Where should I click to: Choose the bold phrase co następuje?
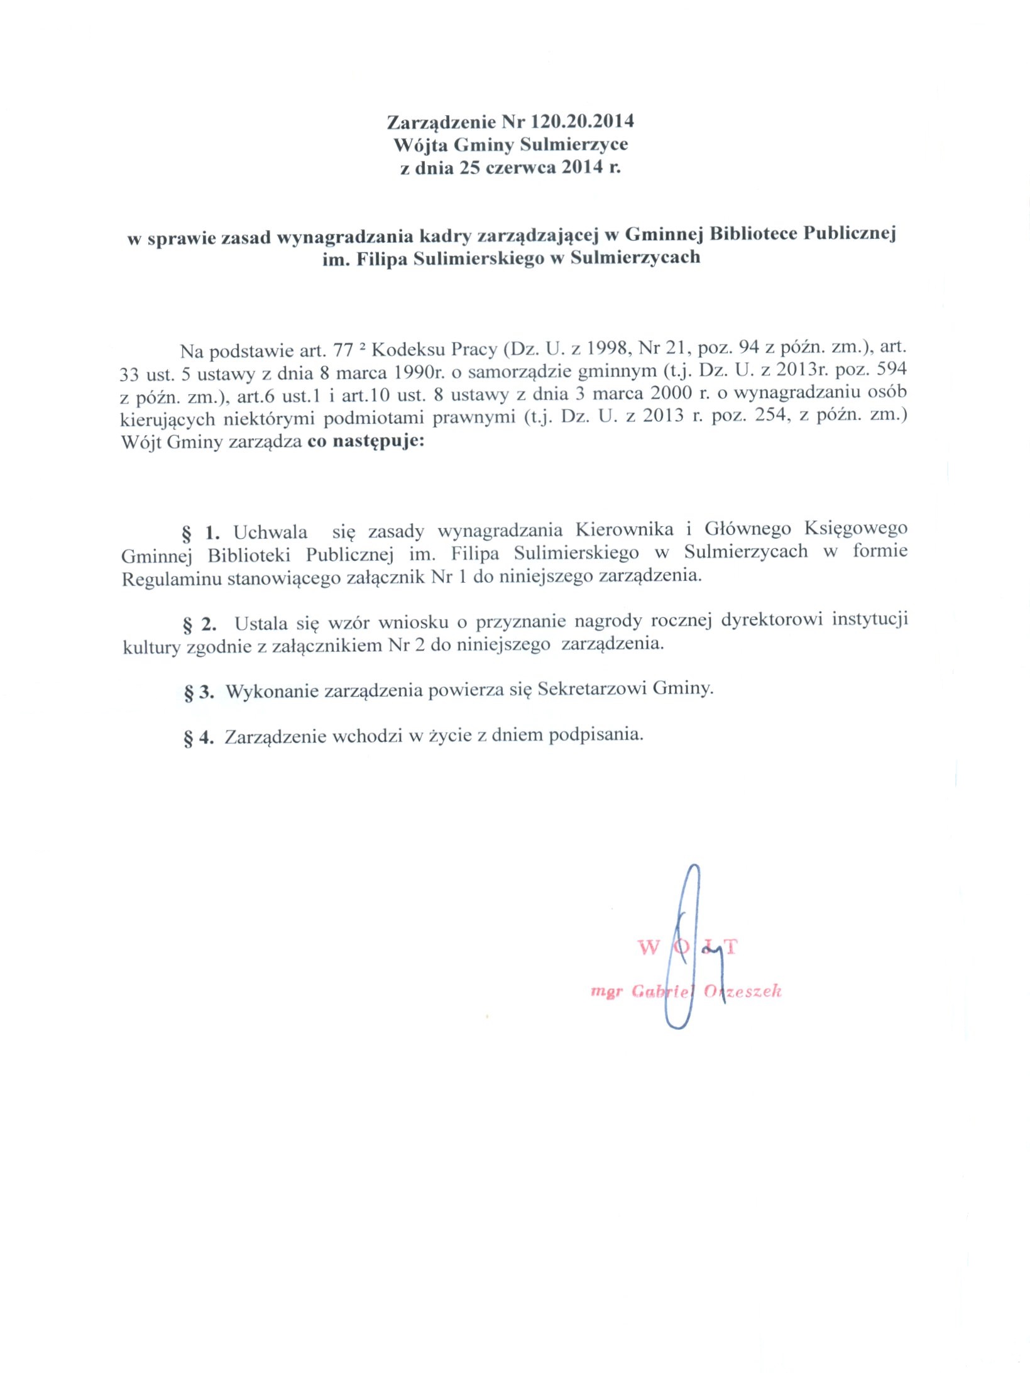click(366, 441)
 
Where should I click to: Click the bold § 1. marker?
click(201, 533)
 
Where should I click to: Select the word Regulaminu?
click(172, 578)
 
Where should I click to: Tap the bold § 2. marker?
click(200, 624)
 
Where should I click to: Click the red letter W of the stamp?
click(649, 947)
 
